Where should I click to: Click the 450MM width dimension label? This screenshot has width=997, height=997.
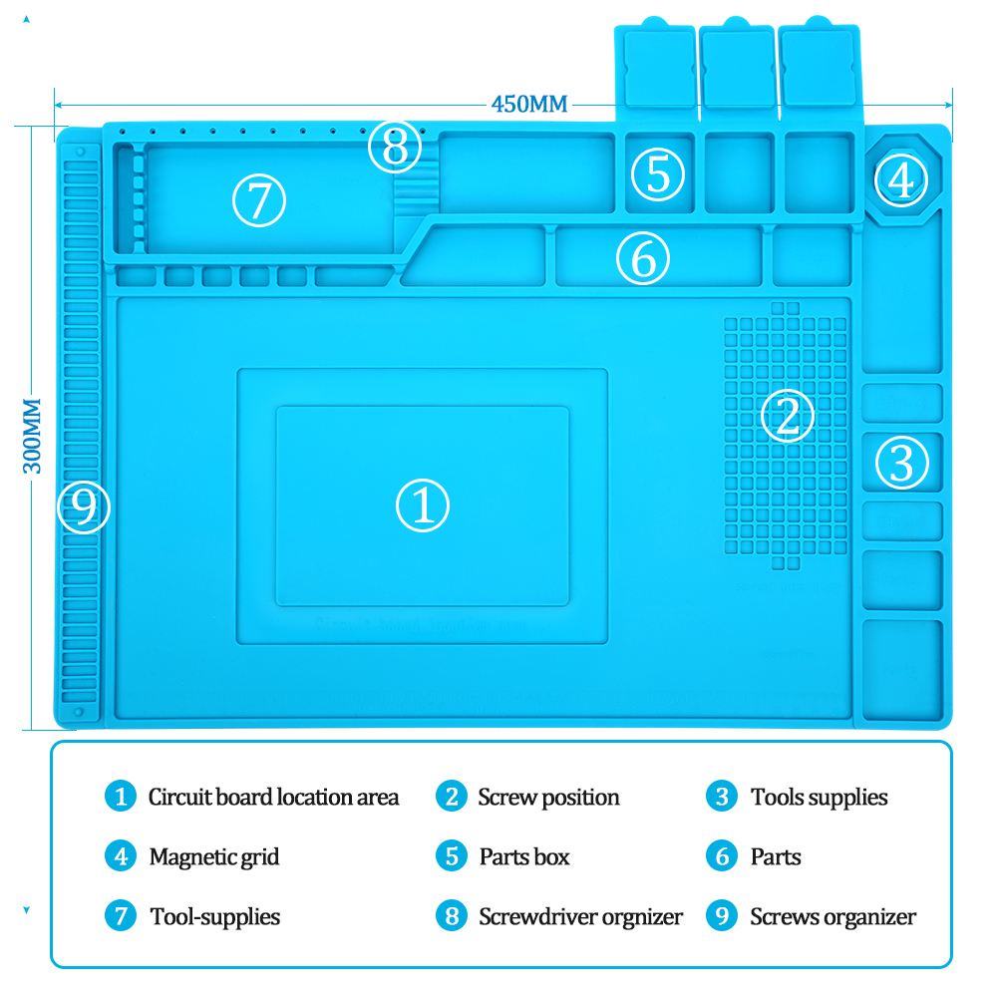(528, 104)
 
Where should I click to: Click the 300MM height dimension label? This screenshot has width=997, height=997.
(32, 436)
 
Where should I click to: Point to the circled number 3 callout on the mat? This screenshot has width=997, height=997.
(902, 462)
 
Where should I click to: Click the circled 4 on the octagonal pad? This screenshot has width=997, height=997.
(901, 180)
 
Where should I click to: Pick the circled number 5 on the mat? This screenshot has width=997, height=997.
(658, 173)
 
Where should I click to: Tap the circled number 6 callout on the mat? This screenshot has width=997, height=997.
(643, 259)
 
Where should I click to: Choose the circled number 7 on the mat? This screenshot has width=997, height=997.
(259, 200)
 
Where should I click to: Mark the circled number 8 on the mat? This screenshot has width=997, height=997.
(395, 149)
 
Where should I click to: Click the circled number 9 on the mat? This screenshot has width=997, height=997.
(85, 506)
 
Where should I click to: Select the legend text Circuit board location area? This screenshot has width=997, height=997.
(273, 798)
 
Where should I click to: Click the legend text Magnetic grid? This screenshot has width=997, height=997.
(214, 856)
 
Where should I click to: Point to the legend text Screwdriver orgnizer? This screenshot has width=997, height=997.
(580, 916)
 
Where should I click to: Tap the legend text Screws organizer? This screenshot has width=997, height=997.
(832, 916)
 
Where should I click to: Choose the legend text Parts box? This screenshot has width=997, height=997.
(524, 856)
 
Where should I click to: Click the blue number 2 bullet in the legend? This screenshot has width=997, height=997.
(452, 797)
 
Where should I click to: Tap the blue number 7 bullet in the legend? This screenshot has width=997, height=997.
(120, 915)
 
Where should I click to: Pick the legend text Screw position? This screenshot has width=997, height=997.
(548, 798)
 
